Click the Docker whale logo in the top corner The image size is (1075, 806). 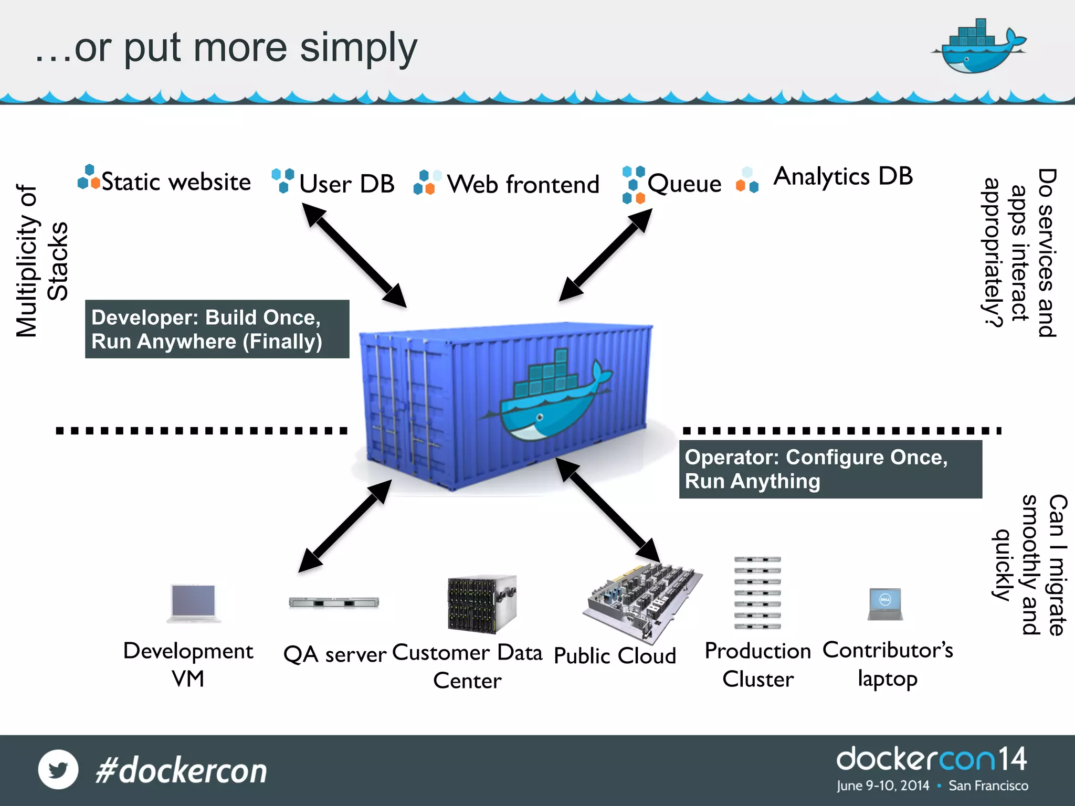[x=977, y=47]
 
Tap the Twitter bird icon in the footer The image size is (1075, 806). [x=58, y=770]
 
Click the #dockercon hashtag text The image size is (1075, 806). [x=181, y=771]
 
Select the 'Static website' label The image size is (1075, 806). [x=175, y=182]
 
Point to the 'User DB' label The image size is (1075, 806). [x=346, y=184]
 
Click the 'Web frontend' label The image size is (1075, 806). [x=523, y=185]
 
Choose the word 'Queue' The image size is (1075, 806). [x=684, y=184]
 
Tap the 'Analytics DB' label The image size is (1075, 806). [x=843, y=176]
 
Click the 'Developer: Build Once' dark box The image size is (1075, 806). [x=217, y=329]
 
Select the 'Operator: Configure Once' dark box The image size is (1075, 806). [x=830, y=469]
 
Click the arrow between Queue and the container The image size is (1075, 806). [x=605, y=256]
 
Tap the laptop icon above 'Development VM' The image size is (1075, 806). [x=194, y=602]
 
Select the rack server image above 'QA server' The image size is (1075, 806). [x=334, y=602]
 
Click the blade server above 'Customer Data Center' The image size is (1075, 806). [x=481, y=603]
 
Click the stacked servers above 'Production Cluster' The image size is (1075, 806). [x=757, y=593]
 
